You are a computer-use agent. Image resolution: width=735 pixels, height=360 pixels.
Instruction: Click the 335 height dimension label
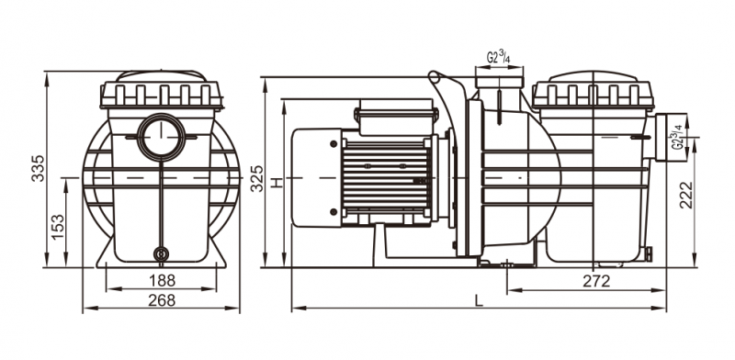pyautogui.click(x=38, y=168)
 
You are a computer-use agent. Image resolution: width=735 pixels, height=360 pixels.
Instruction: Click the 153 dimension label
pyautogui.click(x=58, y=227)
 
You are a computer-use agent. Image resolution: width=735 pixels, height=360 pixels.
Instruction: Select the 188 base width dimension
pyautogui.click(x=162, y=281)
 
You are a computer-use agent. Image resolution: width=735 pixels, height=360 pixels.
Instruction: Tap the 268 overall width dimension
pyautogui.click(x=162, y=300)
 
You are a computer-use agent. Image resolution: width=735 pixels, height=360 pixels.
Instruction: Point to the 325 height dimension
pyautogui.click(x=257, y=178)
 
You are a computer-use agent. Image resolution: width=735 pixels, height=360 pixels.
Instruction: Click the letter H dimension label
pyautogui.click(x=278, y=183)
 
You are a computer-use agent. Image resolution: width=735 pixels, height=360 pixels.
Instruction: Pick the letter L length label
pyautogui.click(x=478, y=300)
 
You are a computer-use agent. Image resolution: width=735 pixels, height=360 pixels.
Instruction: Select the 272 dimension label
pyautogui.click(x=596, y=281)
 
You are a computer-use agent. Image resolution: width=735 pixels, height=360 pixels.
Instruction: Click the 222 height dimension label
pyautogui.click(x=685, y=195)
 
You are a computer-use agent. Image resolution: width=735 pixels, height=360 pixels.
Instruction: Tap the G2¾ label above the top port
pyautogui.click(x=498, y=58)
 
